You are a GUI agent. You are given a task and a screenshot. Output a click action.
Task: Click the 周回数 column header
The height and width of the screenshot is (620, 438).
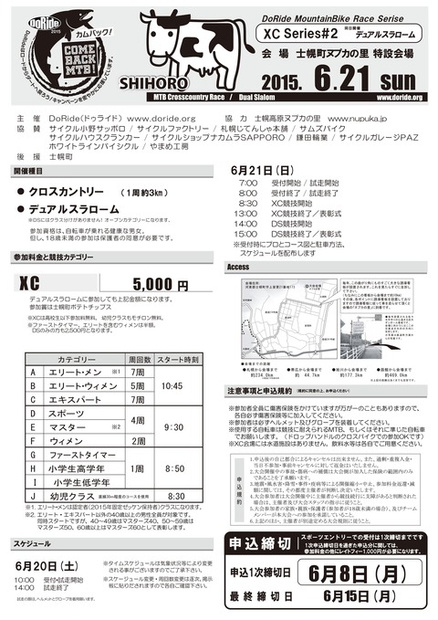coord(140,359)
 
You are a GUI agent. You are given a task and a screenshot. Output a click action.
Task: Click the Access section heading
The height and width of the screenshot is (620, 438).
coord(238,267)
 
